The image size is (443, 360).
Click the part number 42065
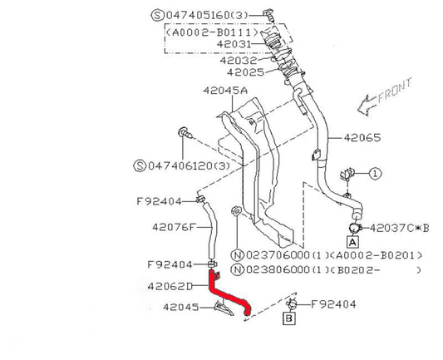click(x=362, y=138)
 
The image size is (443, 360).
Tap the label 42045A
click(x=225, y=91)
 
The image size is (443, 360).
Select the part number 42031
click(x=234, y=44)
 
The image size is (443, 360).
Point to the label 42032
click(x=239, y=61)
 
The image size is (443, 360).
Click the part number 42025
click(x=245, y=72)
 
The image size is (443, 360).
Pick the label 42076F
click(x=174, y=227)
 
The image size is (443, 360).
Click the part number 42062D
click(x=170, y=287)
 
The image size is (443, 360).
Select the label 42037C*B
click(x=400, y=228)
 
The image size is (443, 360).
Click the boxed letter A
click(x=352, y=242)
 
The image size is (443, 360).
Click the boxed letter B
click(x=288, y=318)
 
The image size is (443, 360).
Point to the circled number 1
click(x=375, y=174)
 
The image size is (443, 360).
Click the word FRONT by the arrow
click(x=395, y=91)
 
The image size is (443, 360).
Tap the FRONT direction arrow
click(x=367, y=106)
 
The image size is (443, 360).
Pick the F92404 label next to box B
click(x=333, y=304)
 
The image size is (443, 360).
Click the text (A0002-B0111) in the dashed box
click(x=212, y=32)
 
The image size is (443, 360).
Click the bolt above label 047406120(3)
click(x=185, y=133)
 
